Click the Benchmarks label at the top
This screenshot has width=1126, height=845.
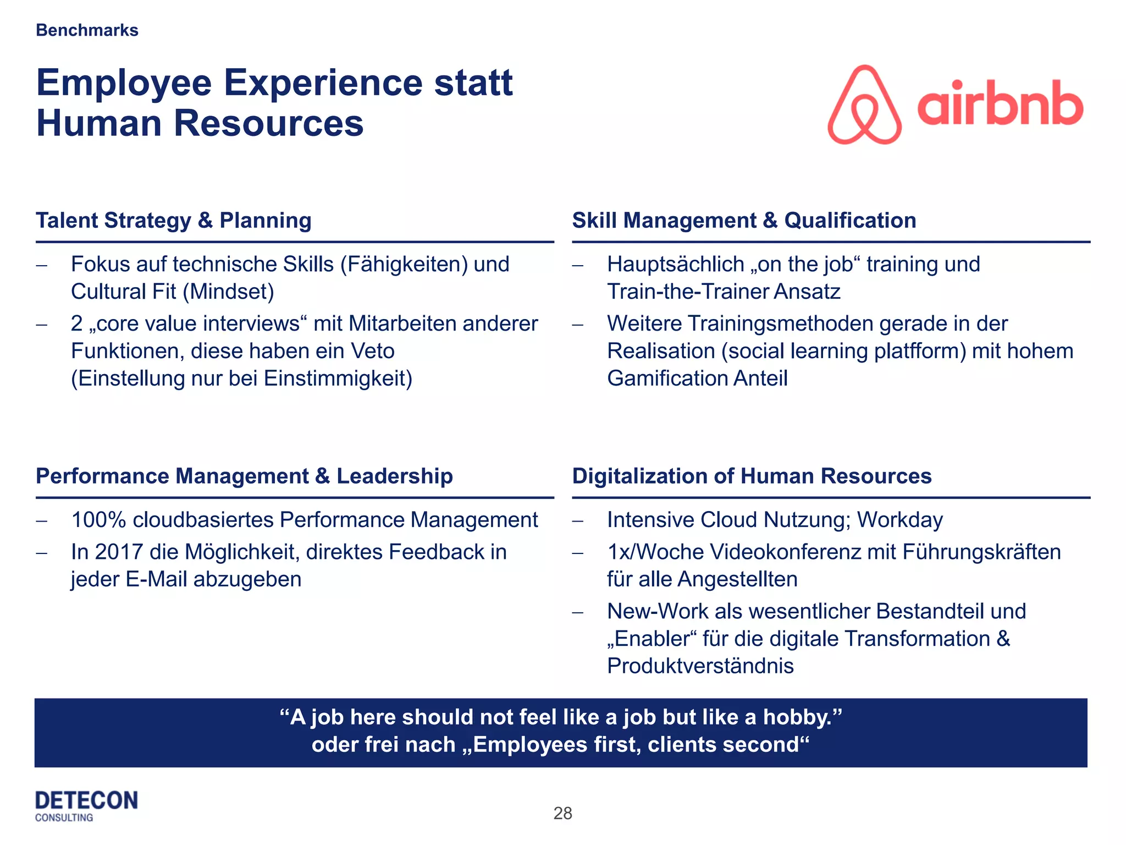pos(87,30)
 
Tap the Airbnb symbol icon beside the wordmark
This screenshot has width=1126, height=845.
pos(864,105)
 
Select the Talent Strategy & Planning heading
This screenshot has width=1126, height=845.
pos(174,221)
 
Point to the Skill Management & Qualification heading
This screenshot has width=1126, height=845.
pos(744,221)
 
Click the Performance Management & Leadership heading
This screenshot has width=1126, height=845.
pos(244,476)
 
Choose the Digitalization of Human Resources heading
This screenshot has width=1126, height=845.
pos(752,476)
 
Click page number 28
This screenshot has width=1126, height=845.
pos(562,813)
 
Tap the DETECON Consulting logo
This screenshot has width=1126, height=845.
pos(86,806)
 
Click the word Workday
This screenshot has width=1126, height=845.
pos(899,520)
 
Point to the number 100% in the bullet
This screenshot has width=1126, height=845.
pos(99,520)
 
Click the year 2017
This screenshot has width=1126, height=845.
pos(118,552)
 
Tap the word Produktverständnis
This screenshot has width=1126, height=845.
pos(700,666)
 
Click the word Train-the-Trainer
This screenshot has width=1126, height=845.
pos(687,292)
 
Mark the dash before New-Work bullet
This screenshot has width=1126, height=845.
pos(577,612)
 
